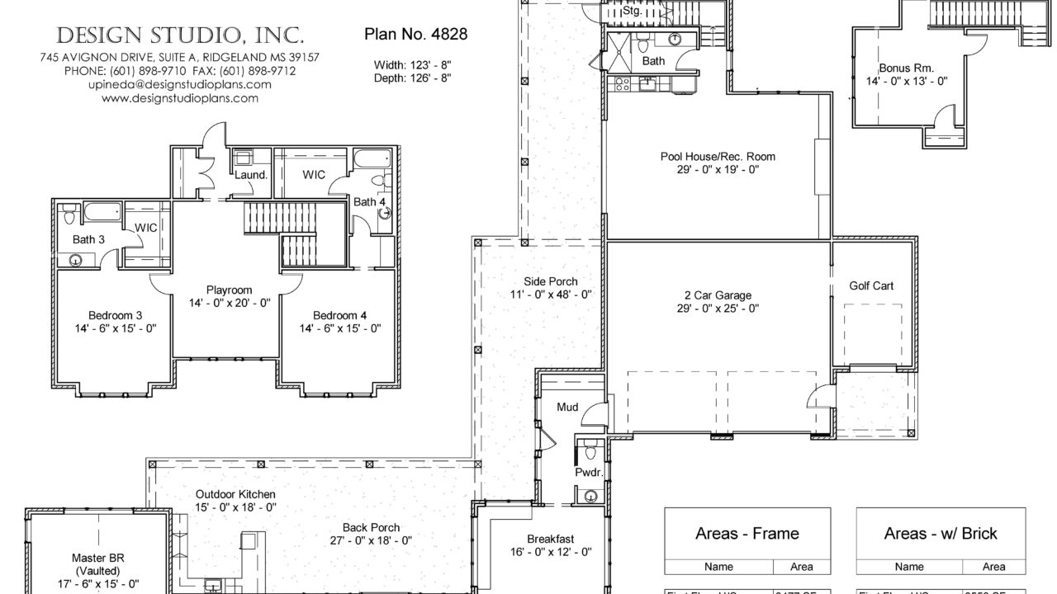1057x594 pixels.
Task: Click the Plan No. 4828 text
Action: pos(415,34)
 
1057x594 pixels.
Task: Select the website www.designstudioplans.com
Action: pos(179,98)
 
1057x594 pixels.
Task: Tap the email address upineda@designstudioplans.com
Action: pos(179,84)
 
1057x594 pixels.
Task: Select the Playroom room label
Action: pos(229,290)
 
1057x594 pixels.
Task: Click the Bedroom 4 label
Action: pos(339,315)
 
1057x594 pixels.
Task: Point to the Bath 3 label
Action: pos(89,240)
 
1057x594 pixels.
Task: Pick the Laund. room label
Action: pos(251,175)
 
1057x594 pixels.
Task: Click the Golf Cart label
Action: pos(871,286)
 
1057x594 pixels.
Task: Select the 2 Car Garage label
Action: pos(717,295)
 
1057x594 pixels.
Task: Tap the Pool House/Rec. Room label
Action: pos(717,157)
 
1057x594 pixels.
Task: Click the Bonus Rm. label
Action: pos(906,68)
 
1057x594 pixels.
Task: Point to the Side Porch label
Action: pos(551,281)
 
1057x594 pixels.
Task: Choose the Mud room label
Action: pos(566,407)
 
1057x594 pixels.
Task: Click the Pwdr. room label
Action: pos(587,473)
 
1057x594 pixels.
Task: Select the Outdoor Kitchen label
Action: pos(224,493)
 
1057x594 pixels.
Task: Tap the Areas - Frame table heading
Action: pos(747,534)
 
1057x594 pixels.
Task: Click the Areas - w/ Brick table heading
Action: pos(941,534)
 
